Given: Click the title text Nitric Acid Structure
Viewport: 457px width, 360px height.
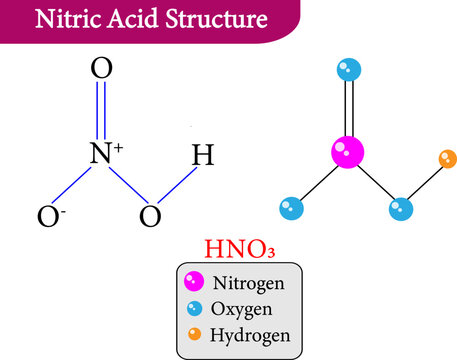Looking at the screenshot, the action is click(x=151, y=19).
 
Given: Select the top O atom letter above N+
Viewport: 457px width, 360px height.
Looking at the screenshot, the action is click(x=101, y=69).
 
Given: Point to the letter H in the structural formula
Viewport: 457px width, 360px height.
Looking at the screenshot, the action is click(x=202, y=156).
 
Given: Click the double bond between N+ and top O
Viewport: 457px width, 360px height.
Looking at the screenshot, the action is click(x=101, y=112).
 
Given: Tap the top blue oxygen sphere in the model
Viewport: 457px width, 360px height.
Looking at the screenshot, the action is click(x=348, y=71).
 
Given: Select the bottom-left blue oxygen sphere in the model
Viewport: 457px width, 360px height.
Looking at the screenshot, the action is click(x=291, y=209).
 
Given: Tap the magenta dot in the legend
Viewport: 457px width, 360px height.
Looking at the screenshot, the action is click(x=193, y=283).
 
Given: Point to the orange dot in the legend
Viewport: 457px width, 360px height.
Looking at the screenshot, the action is click(x=193, y=334).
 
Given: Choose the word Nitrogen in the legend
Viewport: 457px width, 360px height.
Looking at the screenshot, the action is click(x=250, y=283).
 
